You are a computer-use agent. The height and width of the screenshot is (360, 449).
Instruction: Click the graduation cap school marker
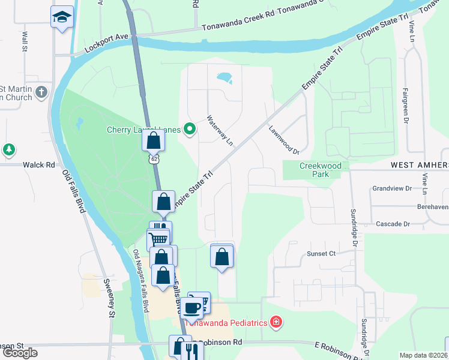(x=62, y=17)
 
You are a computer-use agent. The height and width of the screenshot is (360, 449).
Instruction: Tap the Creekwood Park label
(x=321, y=170)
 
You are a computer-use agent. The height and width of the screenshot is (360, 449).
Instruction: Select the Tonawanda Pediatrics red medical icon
(x=276, y=323)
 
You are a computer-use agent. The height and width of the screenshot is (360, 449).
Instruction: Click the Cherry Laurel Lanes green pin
(x=190, y=129)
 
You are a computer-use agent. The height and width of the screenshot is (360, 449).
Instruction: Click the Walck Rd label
(x=39, y=164)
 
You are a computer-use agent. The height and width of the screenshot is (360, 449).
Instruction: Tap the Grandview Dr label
(x=391, y=188)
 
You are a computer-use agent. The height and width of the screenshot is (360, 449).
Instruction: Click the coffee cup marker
(x=192, y=307)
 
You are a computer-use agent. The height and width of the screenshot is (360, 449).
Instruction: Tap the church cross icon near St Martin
(x=41, y=92)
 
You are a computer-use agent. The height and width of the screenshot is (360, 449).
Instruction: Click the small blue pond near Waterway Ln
(x=223, y=78)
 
